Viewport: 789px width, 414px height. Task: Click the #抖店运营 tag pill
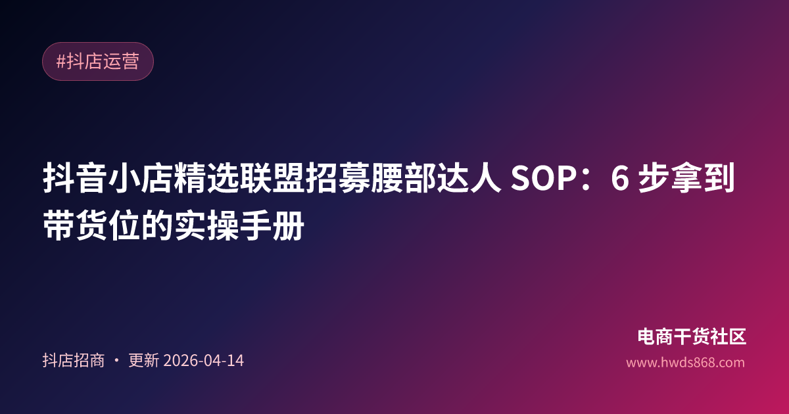(98, 62)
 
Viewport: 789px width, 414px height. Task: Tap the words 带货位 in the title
(91, 227)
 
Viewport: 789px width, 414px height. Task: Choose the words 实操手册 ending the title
(239, 227)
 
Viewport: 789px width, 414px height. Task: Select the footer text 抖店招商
(74, 361)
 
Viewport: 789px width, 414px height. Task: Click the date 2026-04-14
(203, 361)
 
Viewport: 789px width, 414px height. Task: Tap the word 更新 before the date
(143, 361)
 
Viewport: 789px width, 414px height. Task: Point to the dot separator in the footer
(116, 361)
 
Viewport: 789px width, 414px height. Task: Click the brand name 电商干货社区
(692, 337)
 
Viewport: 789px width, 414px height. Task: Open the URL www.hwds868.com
(685, 362)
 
